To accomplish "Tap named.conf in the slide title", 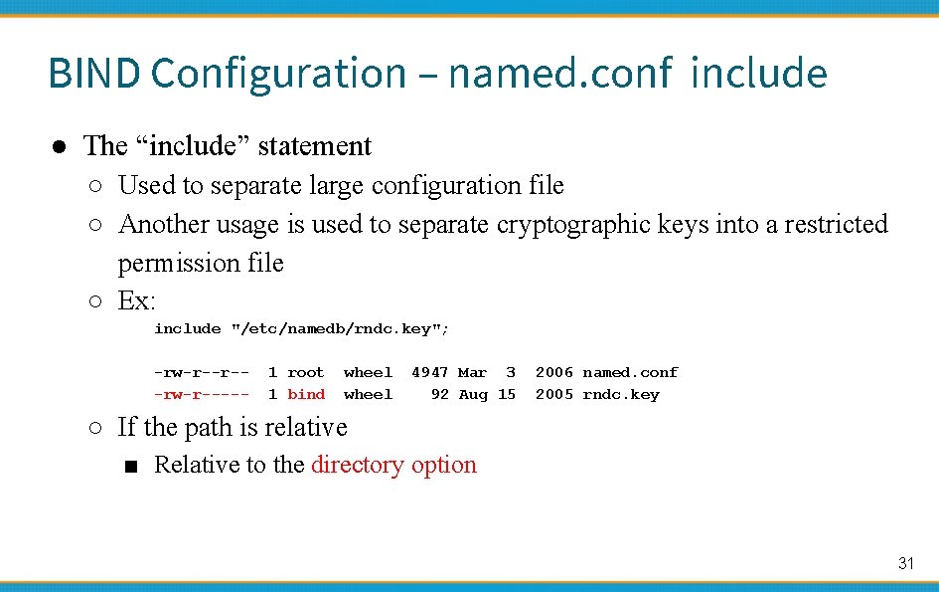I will [559, 74].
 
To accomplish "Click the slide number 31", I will [905, 563].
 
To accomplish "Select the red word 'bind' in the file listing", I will [306, 394].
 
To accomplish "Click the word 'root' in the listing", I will [306, 372].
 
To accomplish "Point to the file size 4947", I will [429, 372].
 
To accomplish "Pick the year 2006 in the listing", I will [553, 372].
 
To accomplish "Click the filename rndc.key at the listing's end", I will [621, 394].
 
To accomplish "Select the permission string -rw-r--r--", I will [202, 372].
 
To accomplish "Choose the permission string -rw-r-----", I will [202, 394].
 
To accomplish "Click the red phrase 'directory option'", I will [393, 465].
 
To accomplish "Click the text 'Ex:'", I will [137, 300].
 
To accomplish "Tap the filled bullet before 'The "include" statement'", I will [60, 146].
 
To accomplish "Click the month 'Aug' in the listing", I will [473, 394].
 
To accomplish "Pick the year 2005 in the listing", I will [553, 394].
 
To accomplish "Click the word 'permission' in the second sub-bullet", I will [175, 263].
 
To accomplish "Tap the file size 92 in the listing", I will [439, 394].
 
